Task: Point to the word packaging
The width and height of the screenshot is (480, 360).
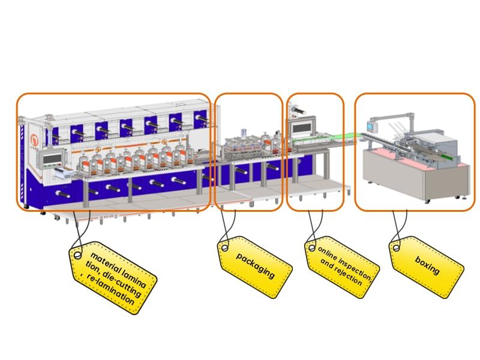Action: pos(256,265)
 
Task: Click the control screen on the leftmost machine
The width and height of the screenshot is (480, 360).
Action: pos(49,158)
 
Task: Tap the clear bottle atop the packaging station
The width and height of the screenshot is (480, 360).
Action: pos(244,131)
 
